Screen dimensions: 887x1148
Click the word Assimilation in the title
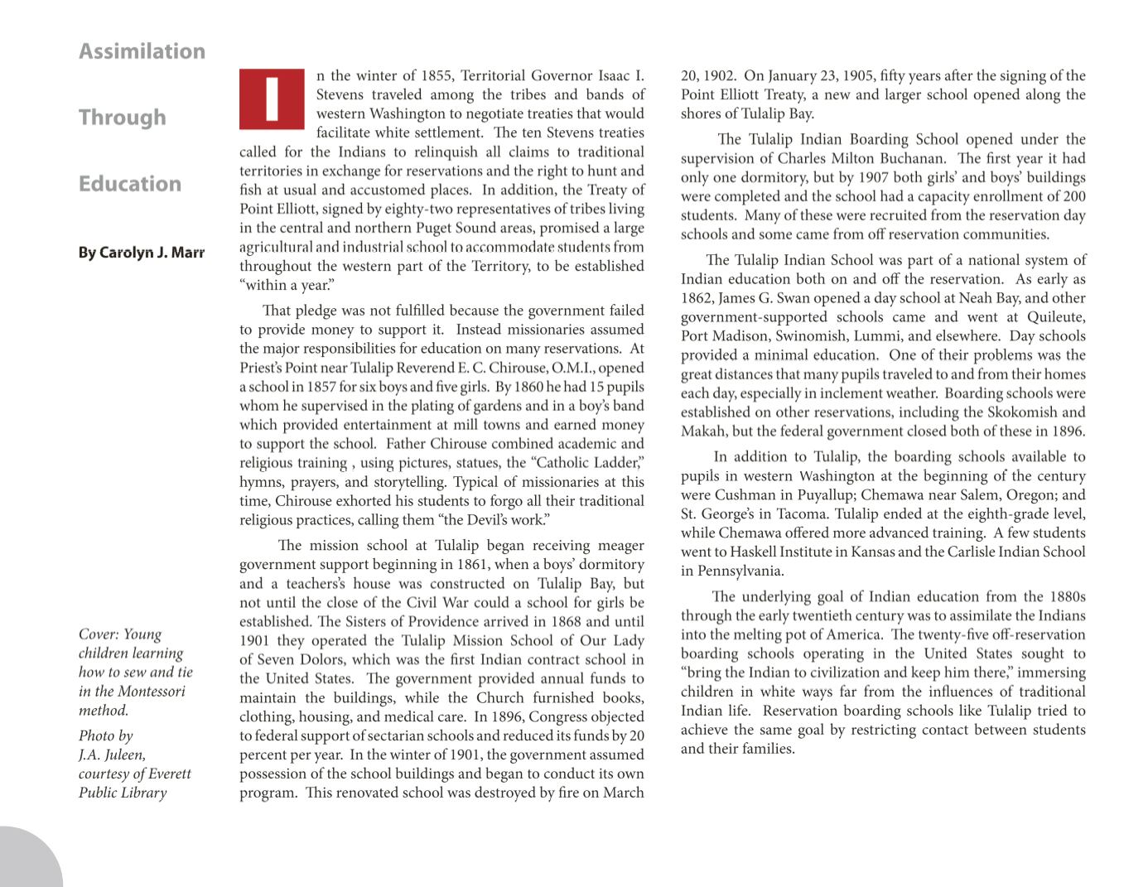click(142, 51)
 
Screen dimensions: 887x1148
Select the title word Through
click(123, 118)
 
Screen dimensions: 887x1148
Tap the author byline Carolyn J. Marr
click(142, 253)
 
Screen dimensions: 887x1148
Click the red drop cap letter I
click(272, 99)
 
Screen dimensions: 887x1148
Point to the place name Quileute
click(1056, 317)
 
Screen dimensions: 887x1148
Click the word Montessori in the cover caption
click(149, 692)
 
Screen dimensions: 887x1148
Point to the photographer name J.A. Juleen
click(112, 754)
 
